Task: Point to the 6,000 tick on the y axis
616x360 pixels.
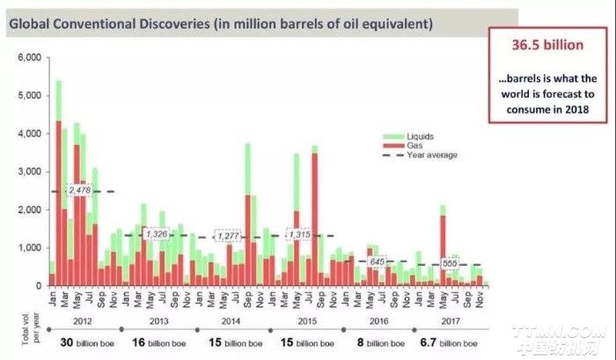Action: (28, 58)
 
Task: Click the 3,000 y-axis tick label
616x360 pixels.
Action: (28, 172)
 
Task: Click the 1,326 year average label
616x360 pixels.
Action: (156, 234)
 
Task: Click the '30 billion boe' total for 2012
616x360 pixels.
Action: (86, 342)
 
